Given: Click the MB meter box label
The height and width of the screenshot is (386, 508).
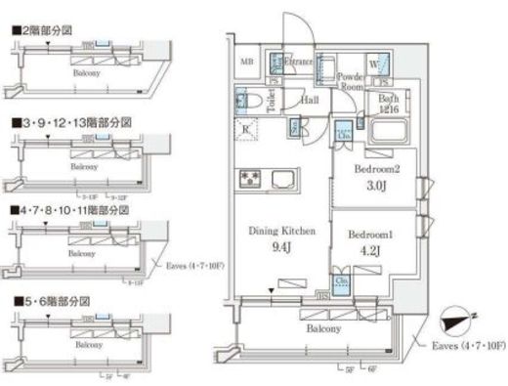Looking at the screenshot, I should [248, 64].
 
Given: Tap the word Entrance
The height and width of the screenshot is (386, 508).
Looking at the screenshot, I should [298, 63].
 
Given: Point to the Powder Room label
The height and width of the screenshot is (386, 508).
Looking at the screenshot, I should [351, 80].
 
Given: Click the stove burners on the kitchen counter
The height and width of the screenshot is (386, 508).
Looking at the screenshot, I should [246, 179].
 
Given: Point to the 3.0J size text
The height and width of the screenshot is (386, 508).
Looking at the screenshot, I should [377, 186].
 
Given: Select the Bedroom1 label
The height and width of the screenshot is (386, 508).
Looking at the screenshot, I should [372, 235].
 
